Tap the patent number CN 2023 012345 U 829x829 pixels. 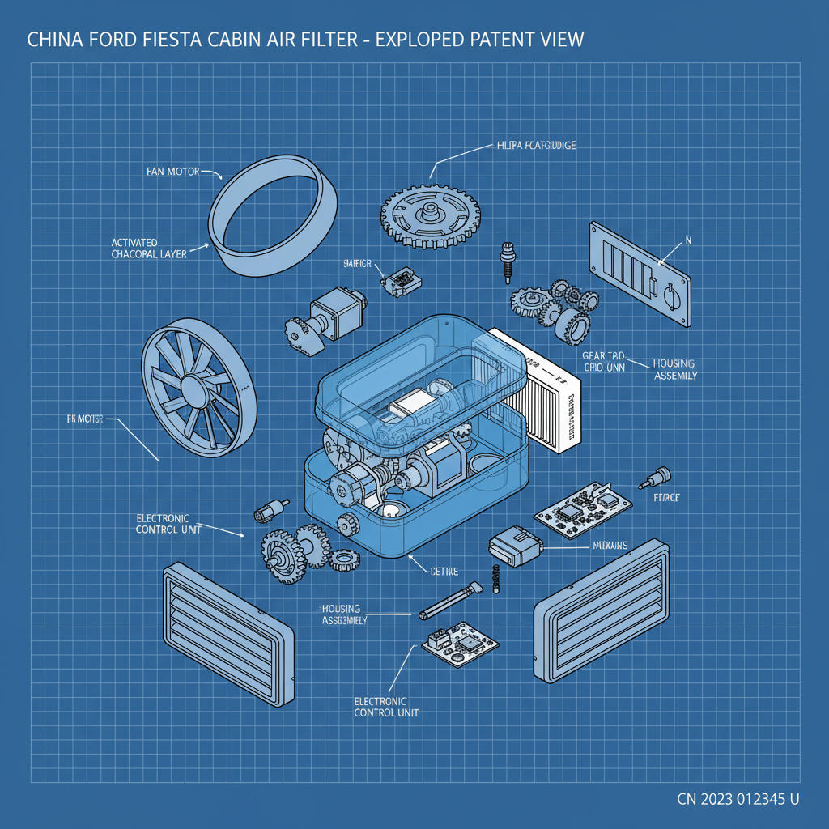click(x=738, y=799)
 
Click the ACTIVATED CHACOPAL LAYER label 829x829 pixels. click(x=148, y=248)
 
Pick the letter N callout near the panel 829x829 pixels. click(x=688, y=240)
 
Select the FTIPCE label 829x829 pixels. click(x=665, y=498)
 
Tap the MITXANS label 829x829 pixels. click(x=605, y=546)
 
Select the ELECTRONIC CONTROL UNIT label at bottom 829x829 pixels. click(x=386, y=707)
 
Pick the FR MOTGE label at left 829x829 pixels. click(x=89, y=419)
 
